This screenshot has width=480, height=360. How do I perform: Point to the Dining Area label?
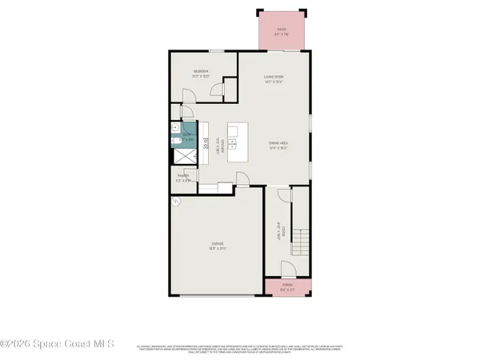click(x=277, y=146)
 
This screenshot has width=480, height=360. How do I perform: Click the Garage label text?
click(x=217, y=246)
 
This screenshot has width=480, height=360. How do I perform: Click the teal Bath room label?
click(x=187, y=138)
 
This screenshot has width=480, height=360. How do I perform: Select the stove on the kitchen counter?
click(x=203, y=145)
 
